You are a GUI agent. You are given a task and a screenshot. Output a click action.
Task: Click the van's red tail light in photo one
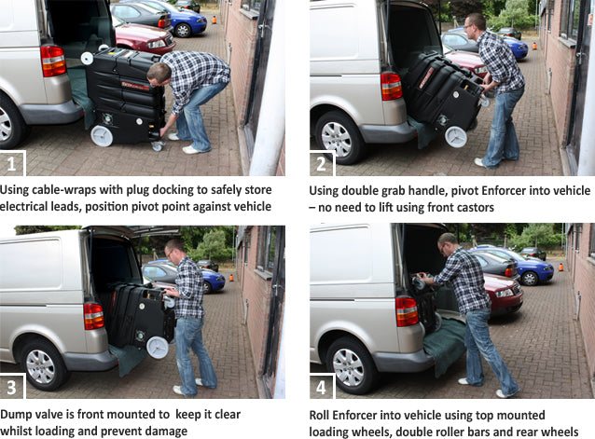click(x=53, y=60)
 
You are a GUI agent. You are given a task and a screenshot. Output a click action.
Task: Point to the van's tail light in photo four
click(x=408, y=311)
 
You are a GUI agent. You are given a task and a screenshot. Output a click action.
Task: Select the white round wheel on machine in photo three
click(x=157, y=349)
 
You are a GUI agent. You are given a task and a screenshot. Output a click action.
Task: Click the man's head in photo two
click(x=475, y=22)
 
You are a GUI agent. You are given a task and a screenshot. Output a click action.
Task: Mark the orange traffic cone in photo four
click(x=560, y=268)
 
